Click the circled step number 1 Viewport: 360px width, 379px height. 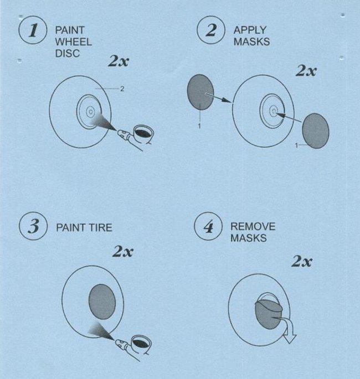pos(33,30)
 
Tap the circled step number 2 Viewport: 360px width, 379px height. pos(211,30)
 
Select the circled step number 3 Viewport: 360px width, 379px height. pos(33,226)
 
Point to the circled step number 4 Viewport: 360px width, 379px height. pos(208,226)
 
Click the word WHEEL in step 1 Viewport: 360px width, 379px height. pos(73,42)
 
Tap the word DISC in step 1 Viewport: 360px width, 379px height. pos(68,54)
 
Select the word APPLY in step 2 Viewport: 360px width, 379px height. pos(250,30)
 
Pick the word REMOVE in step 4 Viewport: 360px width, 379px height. pos(253,226)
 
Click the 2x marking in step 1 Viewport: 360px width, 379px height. pos(119,61)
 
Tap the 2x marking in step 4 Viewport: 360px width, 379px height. pos(301,261)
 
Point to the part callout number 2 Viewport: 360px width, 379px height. pos(122,89)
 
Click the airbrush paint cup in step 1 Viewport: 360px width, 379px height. pos(143,133)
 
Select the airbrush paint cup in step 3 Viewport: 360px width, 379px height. pos(142,343)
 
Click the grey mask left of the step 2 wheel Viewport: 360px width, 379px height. pos(200,92)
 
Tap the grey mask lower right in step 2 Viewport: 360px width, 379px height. pos(316,131)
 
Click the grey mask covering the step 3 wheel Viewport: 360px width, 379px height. pos(102,302)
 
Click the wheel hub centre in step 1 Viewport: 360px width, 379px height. pos(91,112)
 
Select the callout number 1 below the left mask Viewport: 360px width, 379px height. pos(199,126)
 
